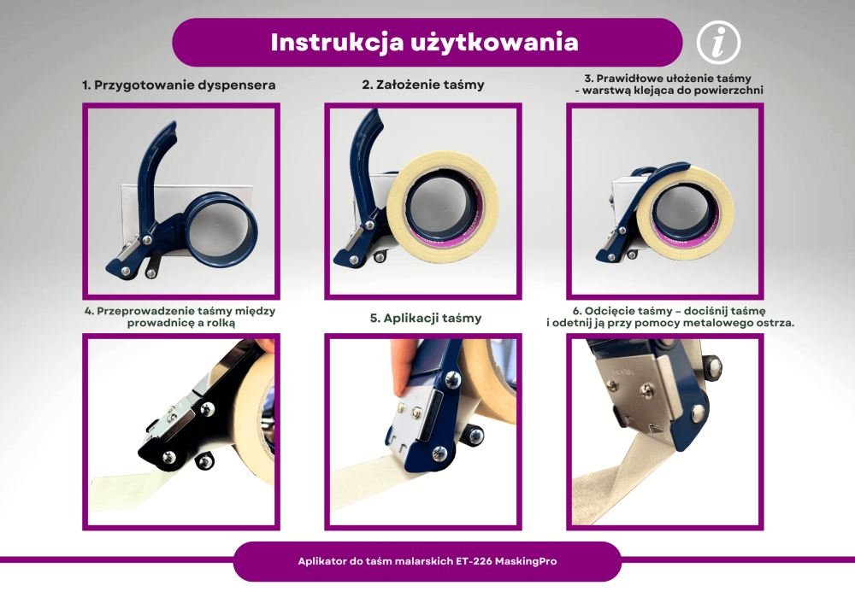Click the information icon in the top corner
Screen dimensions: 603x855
[718, 42]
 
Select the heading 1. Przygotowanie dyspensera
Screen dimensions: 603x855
[179, 85]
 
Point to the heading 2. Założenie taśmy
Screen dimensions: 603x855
[422, 85]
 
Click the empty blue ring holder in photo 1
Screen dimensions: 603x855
[224, 227]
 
